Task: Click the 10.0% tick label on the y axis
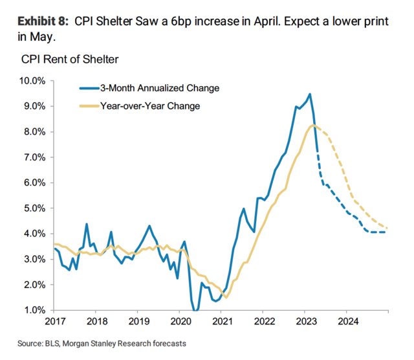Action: [32, 81]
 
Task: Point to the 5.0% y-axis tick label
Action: [34, 208]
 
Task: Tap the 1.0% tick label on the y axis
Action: [34, 310]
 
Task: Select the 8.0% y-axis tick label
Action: [34, 132]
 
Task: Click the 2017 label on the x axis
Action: [54, 321]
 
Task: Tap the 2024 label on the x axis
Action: [347, 321]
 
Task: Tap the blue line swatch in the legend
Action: [88, 88]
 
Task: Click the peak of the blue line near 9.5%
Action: [310, 94]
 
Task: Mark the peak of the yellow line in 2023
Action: [314, 125]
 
